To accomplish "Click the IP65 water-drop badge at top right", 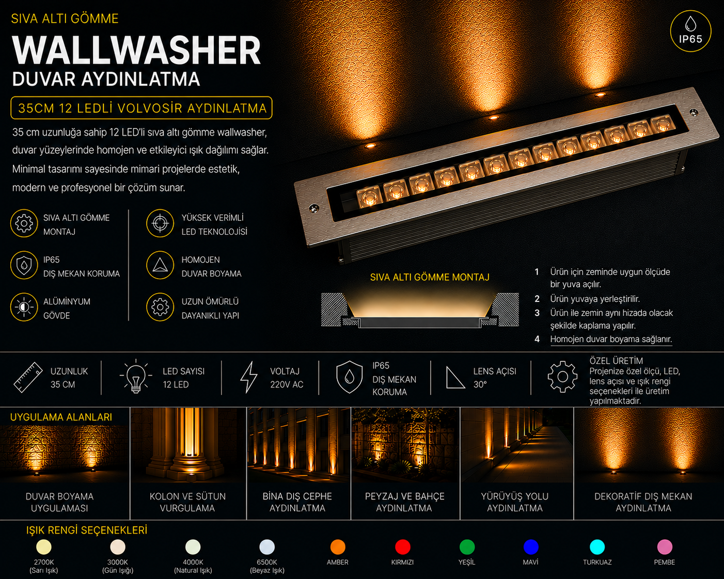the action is click(690, 31).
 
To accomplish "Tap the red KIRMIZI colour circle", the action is click(402, 547).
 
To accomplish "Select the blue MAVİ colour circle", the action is click(530, 547).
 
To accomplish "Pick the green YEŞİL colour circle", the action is click(467, 547).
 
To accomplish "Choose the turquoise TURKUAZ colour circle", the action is click(597, 547).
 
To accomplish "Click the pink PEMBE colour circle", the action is click(665, 547).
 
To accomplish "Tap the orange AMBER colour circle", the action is click(337, 547).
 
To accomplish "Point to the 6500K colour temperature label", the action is click(267, 562).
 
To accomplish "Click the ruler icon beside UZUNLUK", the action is click(28, 377).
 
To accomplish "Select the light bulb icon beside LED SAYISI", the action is click(136, 376).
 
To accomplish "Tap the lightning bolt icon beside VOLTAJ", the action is click(249, 377).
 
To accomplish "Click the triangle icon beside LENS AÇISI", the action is click(455, 378).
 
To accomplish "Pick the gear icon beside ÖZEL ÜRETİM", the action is click(562, 377).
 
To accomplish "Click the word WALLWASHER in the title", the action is click(136, 50).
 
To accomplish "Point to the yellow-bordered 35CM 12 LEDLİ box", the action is click(141, 108).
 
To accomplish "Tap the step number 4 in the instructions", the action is click(537, 339).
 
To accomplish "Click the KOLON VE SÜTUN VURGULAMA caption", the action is click(187, 502).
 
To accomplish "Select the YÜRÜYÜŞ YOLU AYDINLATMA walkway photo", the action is click(516, 445).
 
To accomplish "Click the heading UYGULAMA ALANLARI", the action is click(61, 417).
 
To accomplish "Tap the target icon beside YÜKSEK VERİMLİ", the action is click(160, 223).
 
